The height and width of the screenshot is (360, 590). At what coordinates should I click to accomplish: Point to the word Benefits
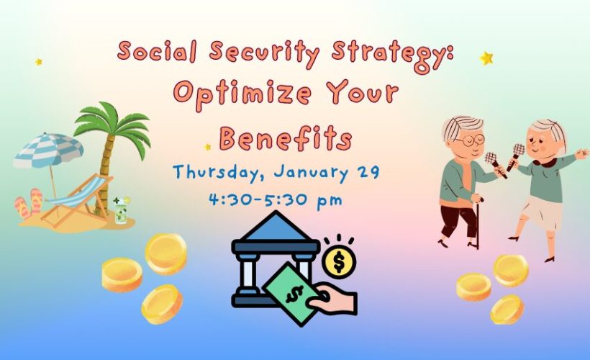pyautogui.click(x=286, y=138)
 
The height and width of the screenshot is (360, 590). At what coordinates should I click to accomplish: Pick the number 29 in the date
pyautogui.click(x=368, y=172)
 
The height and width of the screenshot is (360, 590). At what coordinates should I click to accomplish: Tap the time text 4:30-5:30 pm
pyautogui.click(x=276, y=200)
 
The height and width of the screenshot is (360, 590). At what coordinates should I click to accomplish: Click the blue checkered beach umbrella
pyautogui.click(x=48, y=150)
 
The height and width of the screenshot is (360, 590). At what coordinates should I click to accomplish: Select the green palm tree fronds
pyautogui.click(x=113, y=125)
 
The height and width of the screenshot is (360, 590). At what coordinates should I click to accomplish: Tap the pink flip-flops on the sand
pyautogui.click(x=29, y=202)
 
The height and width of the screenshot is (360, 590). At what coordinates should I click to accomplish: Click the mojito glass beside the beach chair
pyautogui.click(x=121, y=211)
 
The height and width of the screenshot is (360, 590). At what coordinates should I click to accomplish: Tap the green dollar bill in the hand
pyautogui.click(x=294, y=294)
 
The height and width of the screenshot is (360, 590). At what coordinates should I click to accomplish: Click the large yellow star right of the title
pyautogui.click(x=486, y=58)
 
